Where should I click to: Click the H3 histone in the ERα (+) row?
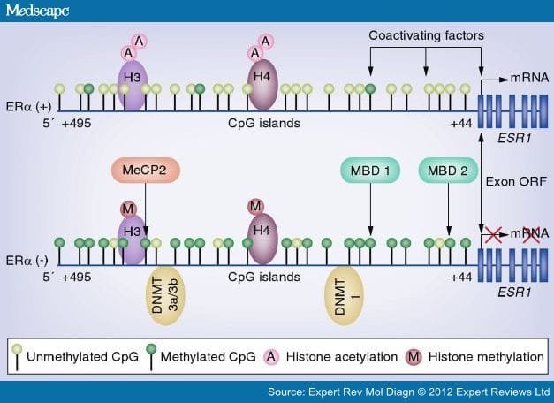coord(133,85)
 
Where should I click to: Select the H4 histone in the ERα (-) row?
coord(263,239)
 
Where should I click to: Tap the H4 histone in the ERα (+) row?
coord(263,85)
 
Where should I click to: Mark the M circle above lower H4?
coord(256,207)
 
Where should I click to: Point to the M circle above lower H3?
coord(128,209)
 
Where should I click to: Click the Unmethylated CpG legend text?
coord(83,356)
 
